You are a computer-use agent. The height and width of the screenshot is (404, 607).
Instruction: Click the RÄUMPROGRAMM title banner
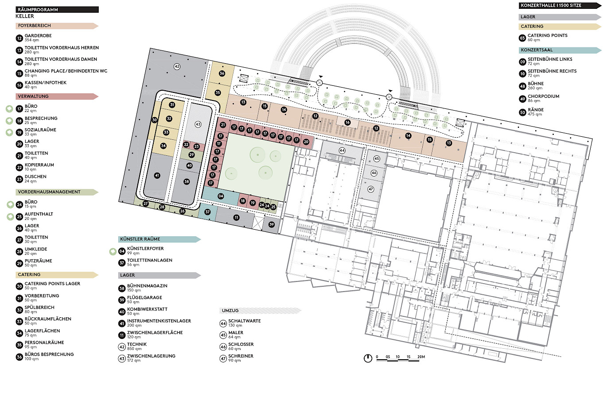57,9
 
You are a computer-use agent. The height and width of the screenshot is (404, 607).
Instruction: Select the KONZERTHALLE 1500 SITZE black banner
560,5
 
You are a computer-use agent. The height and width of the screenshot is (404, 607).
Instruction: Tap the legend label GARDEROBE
38,35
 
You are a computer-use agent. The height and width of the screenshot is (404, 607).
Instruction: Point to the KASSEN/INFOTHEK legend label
46,83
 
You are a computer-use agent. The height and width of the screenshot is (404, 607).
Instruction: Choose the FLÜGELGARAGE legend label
144,297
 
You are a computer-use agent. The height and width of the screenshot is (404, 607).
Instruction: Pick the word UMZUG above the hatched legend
230,310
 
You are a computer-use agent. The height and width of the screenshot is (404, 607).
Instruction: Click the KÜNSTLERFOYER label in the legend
145,248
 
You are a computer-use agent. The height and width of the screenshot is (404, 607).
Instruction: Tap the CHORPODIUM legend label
543,96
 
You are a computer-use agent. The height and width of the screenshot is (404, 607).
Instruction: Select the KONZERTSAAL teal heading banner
560,50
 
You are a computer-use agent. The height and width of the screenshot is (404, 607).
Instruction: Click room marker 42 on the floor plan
177,66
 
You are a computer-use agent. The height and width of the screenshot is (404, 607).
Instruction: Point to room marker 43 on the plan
198,124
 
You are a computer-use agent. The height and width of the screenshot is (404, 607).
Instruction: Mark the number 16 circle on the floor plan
347,122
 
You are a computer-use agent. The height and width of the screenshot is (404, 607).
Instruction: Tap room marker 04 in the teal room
221,196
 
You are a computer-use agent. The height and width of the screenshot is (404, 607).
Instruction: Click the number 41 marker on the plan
157,175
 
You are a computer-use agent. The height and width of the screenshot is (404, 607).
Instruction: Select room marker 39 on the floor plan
272,224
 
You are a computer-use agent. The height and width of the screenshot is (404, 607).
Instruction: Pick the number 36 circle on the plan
222,73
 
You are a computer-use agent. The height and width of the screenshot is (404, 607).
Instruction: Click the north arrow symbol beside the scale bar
368,358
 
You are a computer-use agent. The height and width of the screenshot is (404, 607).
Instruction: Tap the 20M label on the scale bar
421,357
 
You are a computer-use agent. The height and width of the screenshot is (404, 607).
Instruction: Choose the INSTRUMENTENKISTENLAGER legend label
159,321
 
